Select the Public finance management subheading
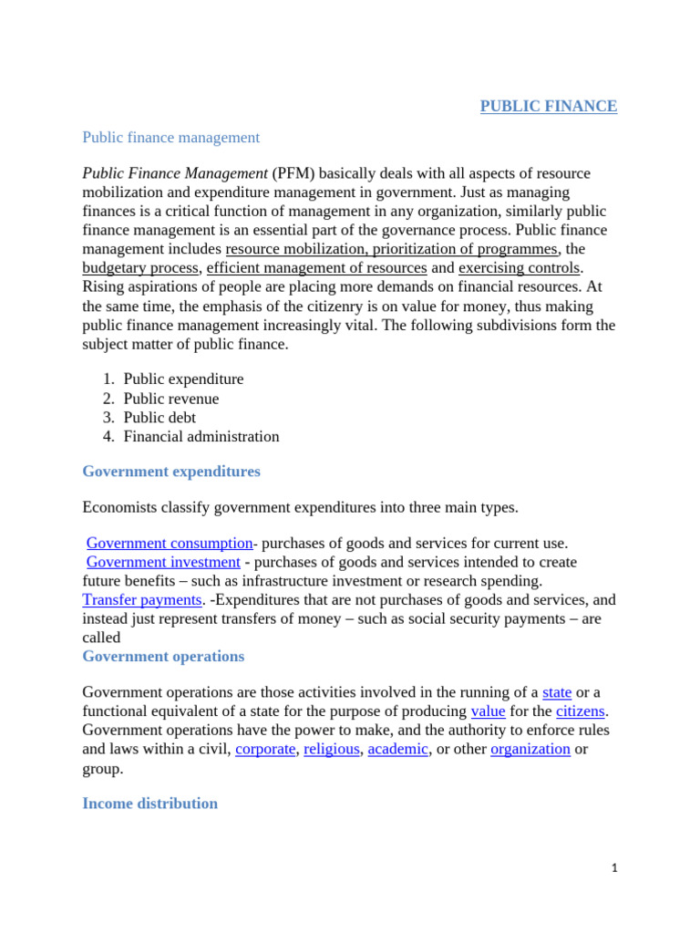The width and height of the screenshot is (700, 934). (170, 138)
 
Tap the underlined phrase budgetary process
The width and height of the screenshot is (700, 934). (140, 267)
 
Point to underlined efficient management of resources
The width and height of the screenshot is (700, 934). (317, 267)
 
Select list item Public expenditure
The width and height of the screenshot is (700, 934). (183, 379)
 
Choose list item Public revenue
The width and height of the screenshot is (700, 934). (171, 399)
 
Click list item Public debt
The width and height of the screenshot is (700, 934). (160, 418)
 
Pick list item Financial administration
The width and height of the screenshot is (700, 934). (201, 437)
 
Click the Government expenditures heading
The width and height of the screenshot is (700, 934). (170, 472)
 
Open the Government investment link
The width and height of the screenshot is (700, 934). (163, 562)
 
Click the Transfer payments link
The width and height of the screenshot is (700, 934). (141, 599)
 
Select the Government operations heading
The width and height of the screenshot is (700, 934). (163, 657)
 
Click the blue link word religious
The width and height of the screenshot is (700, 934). (332, 749)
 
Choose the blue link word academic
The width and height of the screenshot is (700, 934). (397, 749)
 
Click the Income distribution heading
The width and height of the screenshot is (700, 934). (149, 804)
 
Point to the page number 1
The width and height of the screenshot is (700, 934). (615, 869)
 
